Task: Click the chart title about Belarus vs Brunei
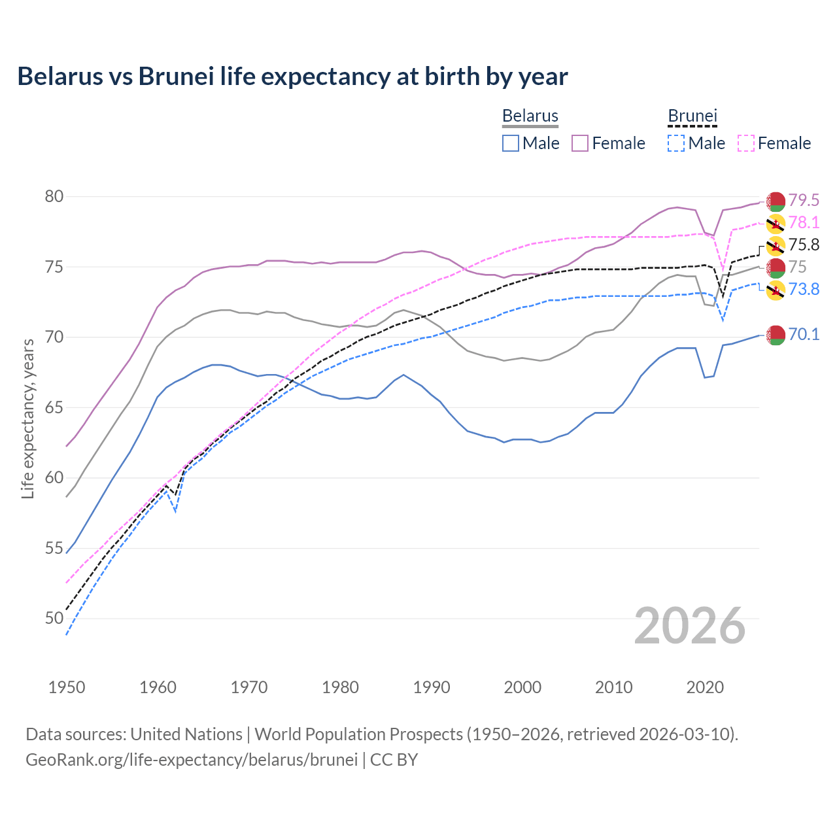click(292, 77)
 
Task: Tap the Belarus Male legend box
click(511, 143)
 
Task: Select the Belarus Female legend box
click(580, 143)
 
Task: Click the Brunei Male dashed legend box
click(676, 143)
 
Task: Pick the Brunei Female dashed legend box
click(745, 143)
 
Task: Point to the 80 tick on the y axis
click(54, 197)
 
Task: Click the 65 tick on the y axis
click(54, 407)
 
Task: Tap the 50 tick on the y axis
click(54, 618)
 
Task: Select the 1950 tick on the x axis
click(67, 687)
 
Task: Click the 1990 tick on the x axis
click(432, 687)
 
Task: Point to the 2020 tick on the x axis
click(705, 687)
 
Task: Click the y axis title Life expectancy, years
click(27, 418)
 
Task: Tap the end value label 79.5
click(804, 200)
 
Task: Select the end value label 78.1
click(804, 222)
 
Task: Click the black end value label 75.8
click(804, 245)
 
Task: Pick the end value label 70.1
click(804, 334)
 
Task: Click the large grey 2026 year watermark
click(690, 626)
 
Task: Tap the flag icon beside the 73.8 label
click(776, 290)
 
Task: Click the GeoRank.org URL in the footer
click(192, 760)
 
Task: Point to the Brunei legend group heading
click(692, 116)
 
